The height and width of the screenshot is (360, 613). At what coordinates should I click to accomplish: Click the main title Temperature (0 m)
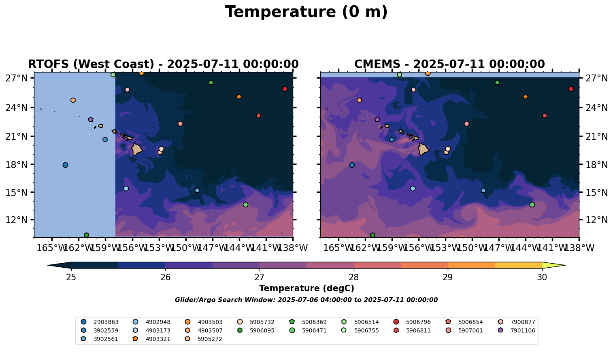point(306,12)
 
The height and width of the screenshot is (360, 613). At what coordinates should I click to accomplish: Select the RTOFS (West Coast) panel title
point(163,64)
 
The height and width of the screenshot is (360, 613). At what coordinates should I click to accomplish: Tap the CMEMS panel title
point(449,64)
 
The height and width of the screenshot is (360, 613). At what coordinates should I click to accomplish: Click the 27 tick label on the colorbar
point(260,277)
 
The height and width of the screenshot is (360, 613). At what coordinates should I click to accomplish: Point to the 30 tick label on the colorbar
point(542,277)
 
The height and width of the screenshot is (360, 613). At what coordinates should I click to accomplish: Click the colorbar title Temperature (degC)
point(306,288)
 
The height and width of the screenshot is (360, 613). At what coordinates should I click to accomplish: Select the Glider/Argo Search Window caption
point(306,300)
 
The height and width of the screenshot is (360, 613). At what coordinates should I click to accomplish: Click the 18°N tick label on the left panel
point(16,165)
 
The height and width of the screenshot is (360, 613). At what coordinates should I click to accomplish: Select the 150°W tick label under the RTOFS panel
point(186,248)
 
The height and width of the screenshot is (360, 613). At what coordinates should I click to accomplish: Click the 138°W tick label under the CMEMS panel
point(579,248)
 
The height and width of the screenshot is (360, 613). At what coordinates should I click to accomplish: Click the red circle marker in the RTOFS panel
point(285,89)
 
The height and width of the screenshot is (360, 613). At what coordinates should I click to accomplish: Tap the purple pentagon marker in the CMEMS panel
point(377,119)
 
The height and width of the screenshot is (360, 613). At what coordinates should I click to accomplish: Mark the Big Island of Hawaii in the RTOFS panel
point(137,149)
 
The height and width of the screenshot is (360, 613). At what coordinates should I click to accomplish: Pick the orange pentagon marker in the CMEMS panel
point(525,97)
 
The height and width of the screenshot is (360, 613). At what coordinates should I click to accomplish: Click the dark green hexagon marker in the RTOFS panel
point(86,235)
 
